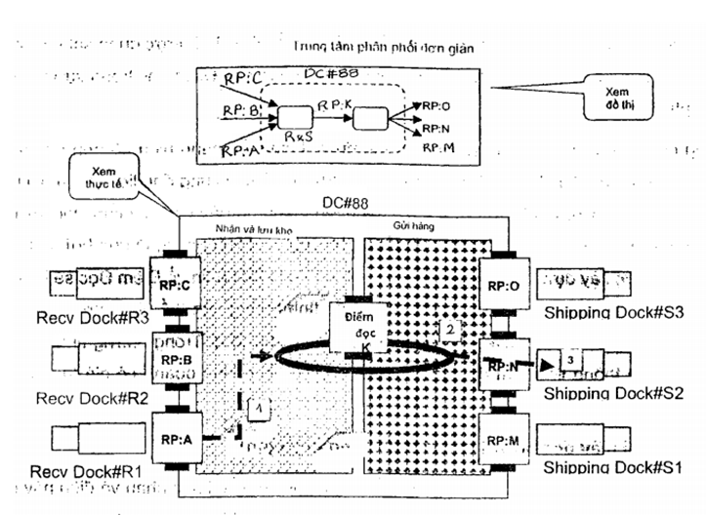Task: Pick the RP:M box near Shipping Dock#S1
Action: click(x=504, y=443)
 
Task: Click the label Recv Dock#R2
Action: click(x=77, y=399)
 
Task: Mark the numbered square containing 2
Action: click(x=448, y=328)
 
